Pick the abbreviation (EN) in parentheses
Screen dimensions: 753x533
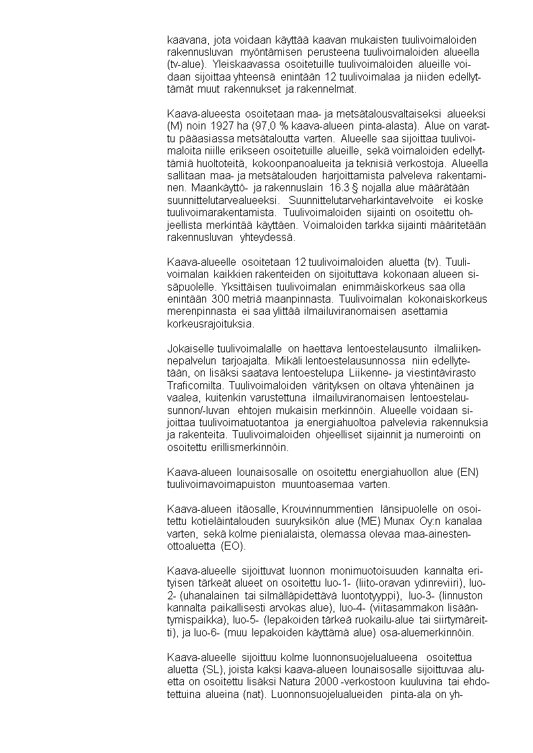467,472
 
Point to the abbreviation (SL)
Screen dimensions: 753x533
211,670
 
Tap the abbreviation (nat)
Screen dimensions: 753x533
253,695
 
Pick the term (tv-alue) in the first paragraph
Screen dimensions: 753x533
187,64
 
